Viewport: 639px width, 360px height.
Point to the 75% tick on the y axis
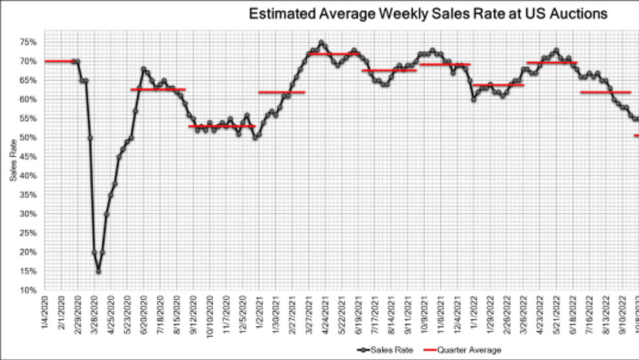(x=28, y=42)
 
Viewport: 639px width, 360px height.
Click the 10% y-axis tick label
(x=28, y=290)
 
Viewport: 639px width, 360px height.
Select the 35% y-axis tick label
(x=28, y=195)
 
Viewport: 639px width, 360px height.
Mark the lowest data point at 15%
(x=98, y=271)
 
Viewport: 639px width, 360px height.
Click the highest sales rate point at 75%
(x=321, y=42)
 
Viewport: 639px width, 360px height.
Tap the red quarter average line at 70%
(x=59, y=61)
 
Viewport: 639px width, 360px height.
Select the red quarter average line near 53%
(x=222, y=126)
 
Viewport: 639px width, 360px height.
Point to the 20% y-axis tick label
(x=28, y=252)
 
